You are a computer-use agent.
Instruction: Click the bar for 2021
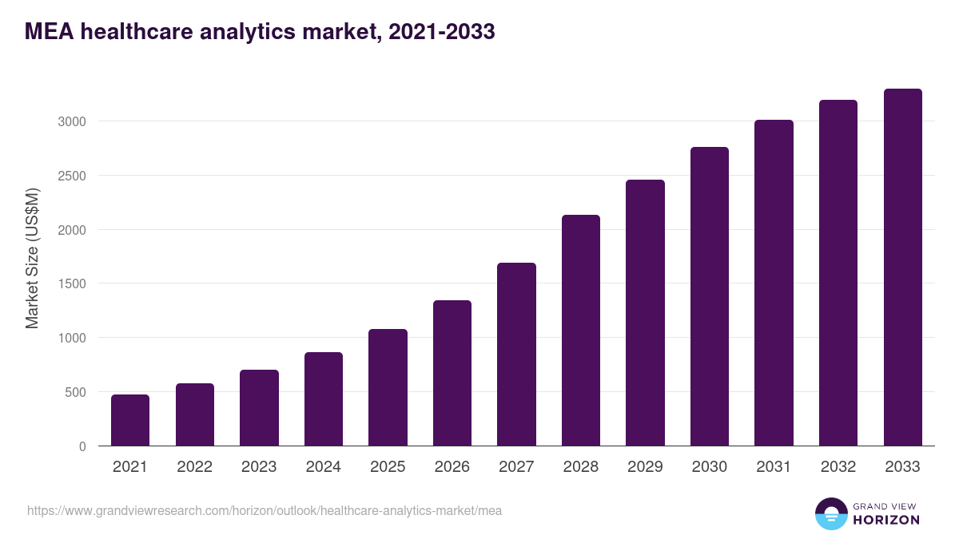click(130, 420)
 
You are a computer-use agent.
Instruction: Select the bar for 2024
click(324, 399)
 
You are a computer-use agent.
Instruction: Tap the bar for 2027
click(516, 355)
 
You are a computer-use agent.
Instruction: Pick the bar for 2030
click(710, 296)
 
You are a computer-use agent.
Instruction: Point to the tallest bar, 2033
click(902, 268)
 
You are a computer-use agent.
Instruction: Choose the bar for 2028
click(581, 331)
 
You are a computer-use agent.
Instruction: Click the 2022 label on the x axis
click(194, 467)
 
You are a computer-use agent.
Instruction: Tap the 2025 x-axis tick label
click(388, 467)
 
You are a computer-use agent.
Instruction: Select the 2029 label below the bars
click(645, 467)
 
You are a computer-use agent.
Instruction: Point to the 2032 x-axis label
click(838, 467)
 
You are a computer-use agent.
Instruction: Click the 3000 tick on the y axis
click(71, 121)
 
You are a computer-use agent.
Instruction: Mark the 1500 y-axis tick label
click(71, 283)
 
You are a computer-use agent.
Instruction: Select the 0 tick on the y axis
click(83, 446)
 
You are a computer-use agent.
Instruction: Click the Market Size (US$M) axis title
click(32, 258)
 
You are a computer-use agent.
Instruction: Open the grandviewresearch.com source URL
click(265, 510)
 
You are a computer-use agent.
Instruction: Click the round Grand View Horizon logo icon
click(830, 513)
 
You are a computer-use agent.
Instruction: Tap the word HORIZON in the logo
click(886, 520)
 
